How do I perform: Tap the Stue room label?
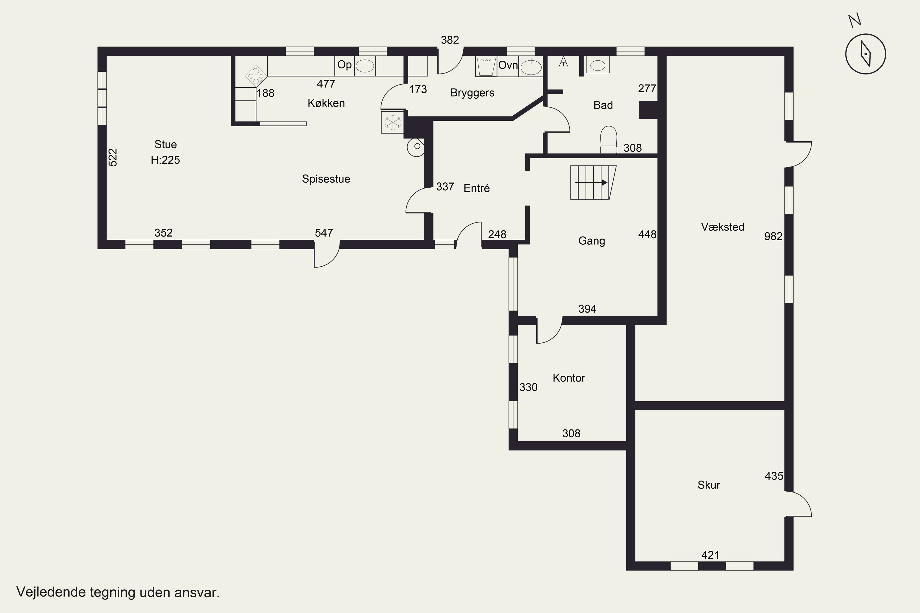166,145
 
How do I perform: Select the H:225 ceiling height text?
166,160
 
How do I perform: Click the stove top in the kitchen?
256,76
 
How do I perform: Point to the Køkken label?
326,103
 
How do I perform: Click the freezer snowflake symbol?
392,122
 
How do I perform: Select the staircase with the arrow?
593,183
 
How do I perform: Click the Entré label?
477,188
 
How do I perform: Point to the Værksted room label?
723,227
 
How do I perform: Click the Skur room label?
709,485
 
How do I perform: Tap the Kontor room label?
569,378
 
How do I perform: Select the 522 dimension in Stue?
113,157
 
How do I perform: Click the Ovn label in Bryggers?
508,65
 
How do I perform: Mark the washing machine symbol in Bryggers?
486,67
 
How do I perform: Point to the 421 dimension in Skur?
710,555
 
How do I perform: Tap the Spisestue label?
326,179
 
